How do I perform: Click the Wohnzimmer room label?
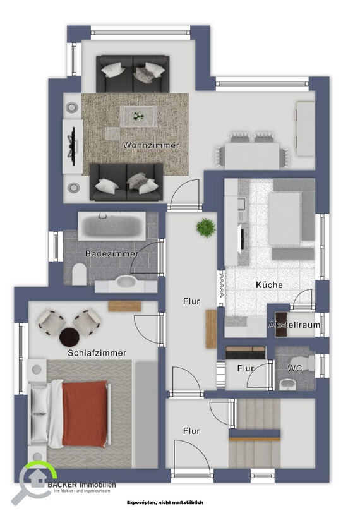coord(151,145)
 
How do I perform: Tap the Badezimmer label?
coord(111,254)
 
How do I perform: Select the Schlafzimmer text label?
coord(97,353)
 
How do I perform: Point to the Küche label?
coord(269,285)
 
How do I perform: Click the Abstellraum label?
coord(294,325)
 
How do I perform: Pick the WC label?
coord(294,368)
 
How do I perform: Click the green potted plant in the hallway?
coord(206,227)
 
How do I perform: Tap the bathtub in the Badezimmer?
coord(112,226)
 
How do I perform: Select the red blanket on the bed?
coord(85,414)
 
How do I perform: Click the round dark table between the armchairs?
coord(69,336)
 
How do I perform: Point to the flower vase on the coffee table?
coord(138,116)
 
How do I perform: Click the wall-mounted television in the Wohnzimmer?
coord(73,147)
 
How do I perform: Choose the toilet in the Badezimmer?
coord(80,274)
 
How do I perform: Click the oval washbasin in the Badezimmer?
coord(126,282)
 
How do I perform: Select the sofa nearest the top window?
coord(133,74)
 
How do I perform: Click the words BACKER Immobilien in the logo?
coord(82,485)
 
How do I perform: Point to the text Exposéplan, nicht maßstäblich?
coord(165,502)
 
